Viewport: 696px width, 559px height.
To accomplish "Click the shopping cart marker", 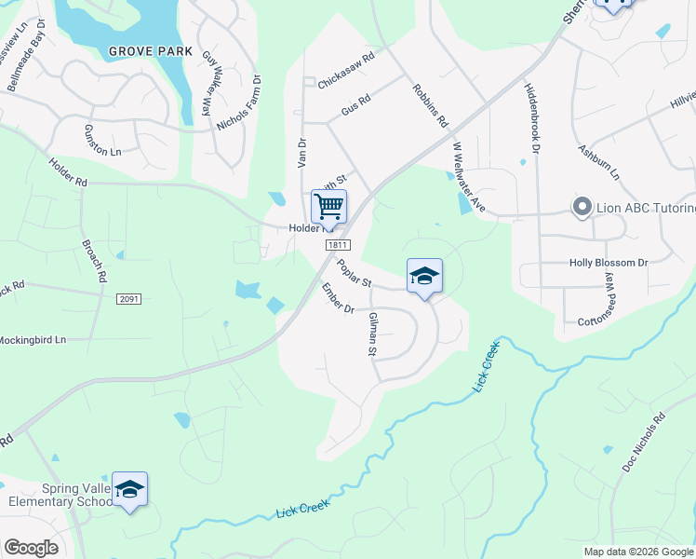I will click(x=328, y=206).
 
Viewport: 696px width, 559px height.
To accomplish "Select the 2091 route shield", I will click(x=129, y=299).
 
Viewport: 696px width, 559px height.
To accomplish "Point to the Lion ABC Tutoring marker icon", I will click(x=583, y=206).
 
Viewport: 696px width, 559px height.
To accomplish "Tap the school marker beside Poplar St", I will click(x=424, y=276).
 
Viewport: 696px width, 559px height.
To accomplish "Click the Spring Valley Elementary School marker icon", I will click(x=130, y=489).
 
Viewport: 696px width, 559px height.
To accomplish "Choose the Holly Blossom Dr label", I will click(x=608, y=264).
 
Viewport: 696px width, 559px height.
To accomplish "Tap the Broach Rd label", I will click(x=95, y=264).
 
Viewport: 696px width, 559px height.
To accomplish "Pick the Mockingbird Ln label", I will click(x=34, y=340).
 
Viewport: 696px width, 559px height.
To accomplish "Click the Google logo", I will click(x=32, y=547).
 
